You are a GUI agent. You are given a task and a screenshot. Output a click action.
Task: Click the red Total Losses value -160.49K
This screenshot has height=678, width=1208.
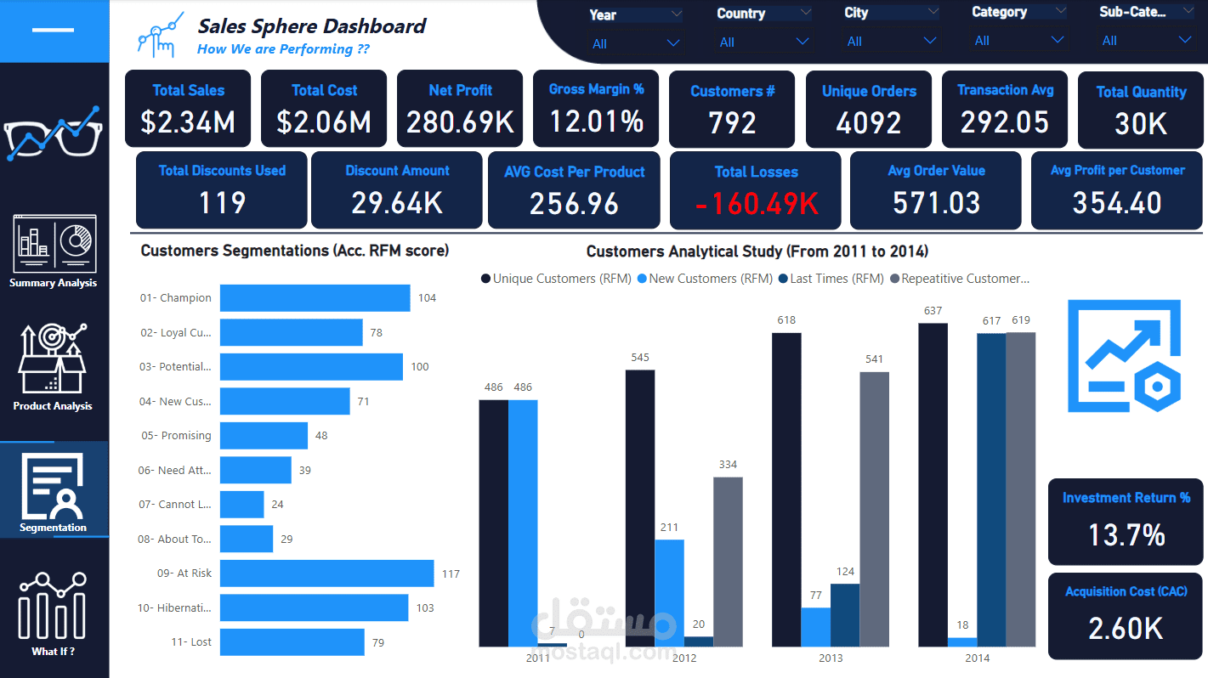click(x=756, y=204)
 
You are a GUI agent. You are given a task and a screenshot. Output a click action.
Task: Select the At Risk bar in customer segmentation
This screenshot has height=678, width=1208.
click(x=326, y=573)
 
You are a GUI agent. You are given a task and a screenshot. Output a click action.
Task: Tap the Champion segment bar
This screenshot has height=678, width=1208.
click(x=315, y=298)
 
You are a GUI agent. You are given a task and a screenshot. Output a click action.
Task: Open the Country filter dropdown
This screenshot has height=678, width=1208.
click(x=802, y=42)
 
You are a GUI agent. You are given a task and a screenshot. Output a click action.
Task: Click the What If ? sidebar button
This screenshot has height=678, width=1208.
click(x=53, y=613)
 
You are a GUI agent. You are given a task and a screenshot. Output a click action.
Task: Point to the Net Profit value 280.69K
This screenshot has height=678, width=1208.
click(x=460, y=123)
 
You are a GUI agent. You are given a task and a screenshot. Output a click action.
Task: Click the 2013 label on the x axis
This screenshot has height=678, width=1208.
click(x=831, y=658)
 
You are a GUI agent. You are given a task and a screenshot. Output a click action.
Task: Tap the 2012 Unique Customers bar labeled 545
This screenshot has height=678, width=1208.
click(x=640, y=508)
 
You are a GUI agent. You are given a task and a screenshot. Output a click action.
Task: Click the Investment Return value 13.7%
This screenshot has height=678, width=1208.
click(x=1126, y=535)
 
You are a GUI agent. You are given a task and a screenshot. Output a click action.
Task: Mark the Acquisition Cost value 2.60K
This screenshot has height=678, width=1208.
click(x=1126, y=629)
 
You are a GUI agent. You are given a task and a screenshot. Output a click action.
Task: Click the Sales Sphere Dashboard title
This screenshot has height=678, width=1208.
click(x=312, y=26)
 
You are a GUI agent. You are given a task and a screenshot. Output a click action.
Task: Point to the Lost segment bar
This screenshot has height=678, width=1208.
click(x=292, y=642)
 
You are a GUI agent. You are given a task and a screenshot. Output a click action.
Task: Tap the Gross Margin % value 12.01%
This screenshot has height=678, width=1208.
click(x=596, y=122)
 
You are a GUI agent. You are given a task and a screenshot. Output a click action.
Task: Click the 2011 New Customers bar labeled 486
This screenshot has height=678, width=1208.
click(x=523, y=523)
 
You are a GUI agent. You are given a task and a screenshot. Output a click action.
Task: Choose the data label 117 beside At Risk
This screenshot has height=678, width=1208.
click(x=451, y=574)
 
